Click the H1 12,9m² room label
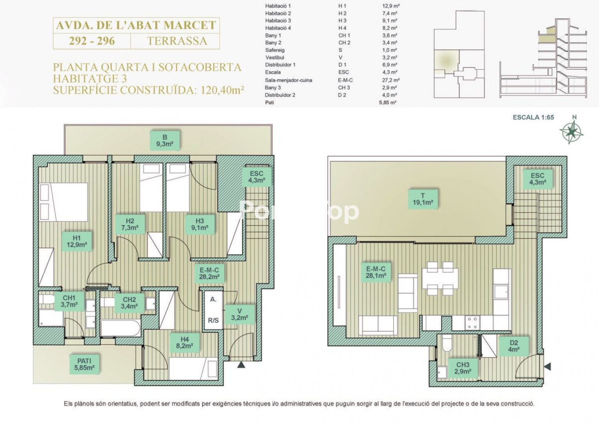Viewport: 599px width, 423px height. [77, 241]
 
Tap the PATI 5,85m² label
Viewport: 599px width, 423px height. [84, 364]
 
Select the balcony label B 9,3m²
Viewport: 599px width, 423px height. [165, 141]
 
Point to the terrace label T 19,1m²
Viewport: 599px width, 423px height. [422, 199]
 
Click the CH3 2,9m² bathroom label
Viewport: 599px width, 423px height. [463, 368]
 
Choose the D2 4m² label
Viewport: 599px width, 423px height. [514, 346]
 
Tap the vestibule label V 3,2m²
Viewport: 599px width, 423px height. [239, 314]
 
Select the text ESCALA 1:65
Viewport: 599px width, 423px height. [533, 117]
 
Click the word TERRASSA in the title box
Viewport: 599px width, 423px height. [177, 41]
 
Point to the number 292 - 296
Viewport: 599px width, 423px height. [92, 41]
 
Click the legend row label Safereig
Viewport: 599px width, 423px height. [275, 50]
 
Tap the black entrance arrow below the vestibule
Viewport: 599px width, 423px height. [241, 365]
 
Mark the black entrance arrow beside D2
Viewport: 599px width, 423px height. [548, 367]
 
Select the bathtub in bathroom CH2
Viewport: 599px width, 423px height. [120, 327]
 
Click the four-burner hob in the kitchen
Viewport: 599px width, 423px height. [472, 323]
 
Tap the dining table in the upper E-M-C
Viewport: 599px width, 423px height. [440, 278]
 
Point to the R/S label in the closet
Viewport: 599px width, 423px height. [213, 320]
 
